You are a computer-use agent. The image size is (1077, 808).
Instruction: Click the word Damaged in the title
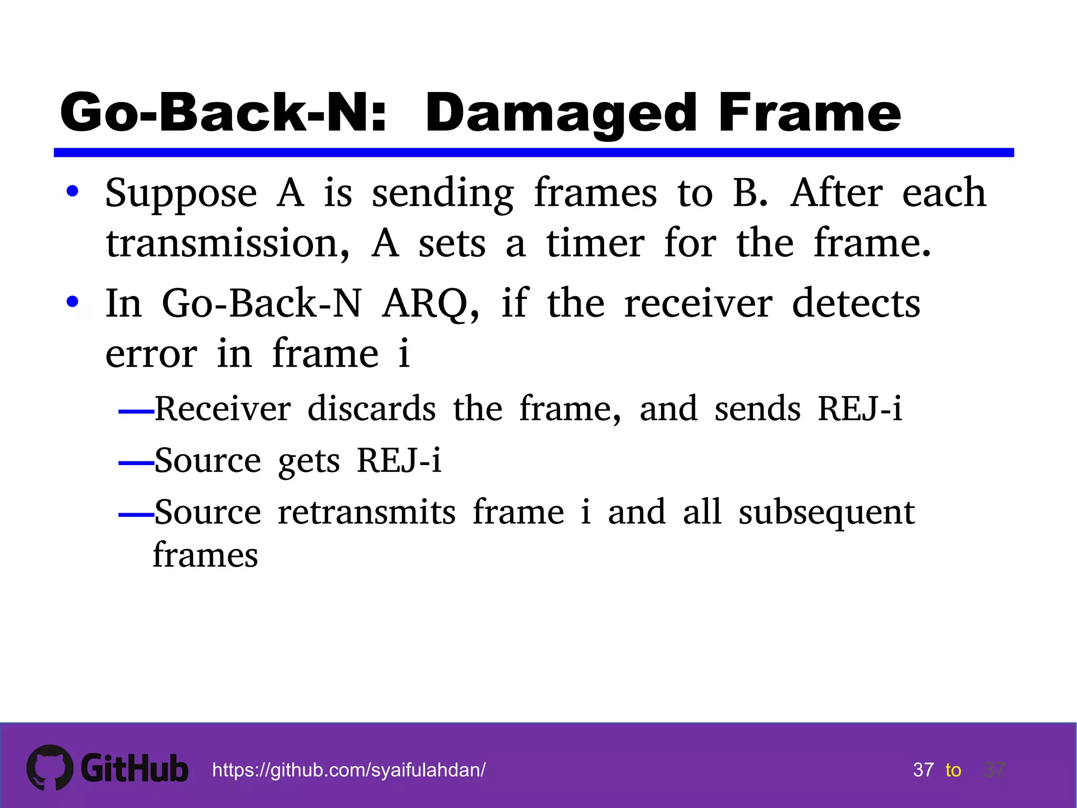[x=561, y=113]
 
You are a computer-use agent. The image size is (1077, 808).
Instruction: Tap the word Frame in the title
[x=809, y=113]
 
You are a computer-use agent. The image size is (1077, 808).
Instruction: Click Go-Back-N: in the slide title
[x=223, y=113]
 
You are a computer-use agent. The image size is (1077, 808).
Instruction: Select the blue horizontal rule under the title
[x=533, y=153]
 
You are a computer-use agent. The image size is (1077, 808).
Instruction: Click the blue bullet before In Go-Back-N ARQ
[x=73, y=302]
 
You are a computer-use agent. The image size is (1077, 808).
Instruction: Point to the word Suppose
[x=181, y=194]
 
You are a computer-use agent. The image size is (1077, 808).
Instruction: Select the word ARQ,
[x=430, y=304]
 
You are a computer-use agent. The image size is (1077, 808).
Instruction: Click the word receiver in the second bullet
[x=698, y=304]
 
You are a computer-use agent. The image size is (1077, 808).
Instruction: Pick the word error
[x=151, y=354]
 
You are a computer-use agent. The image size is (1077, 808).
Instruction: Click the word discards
[x=371, y=409]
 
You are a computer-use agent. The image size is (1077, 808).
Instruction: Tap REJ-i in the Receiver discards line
[x=860, y=409]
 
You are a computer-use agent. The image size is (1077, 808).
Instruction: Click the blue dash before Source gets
[x=136, y=463]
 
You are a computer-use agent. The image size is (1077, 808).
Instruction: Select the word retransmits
[x=367, y=512]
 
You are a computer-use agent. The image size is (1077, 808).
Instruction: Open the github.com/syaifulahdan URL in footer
[x=349, y=770]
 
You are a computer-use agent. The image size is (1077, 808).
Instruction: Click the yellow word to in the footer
[x=953, y=770]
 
